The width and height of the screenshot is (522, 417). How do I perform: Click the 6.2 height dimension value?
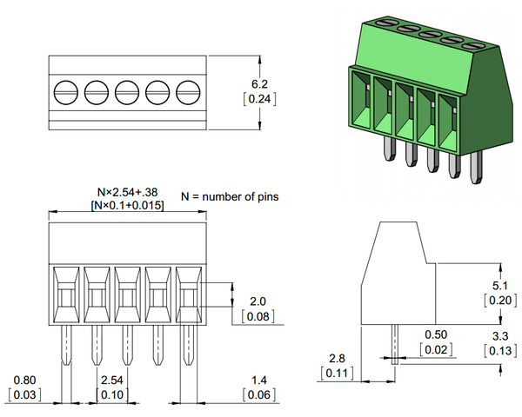point(258,83)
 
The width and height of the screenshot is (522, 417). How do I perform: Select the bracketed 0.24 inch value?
point(258,99)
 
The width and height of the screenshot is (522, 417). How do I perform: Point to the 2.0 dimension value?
point(258,301)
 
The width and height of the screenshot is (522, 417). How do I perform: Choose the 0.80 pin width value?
point(24,381)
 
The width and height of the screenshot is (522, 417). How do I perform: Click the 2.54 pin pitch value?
point(111,381)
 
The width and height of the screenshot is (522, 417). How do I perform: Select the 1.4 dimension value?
point(258,381)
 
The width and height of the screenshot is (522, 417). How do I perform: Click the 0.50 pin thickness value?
point(435,334)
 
